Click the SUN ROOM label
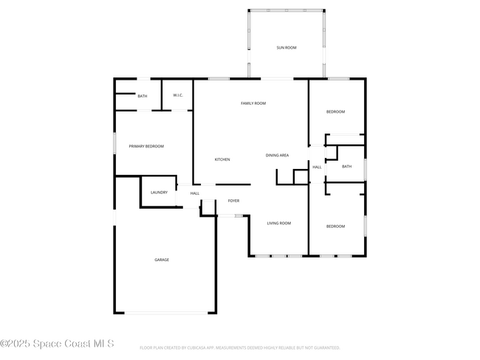[x=286, y=47]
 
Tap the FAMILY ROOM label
[x=253, y=103]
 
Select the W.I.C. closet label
[x=178, y=95]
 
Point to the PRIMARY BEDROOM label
[x=146, y=146]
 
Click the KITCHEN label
[x=222, y=159]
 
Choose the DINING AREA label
[x=277, y=156]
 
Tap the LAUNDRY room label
[x=159, y=193]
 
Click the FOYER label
[x=233, y=201]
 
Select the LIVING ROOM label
[x=278, y=223]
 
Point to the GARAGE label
[x=162, y=260]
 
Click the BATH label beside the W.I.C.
[x=142, y=96]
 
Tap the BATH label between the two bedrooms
[x=346, y=166]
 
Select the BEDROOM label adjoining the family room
[x=335, y=111]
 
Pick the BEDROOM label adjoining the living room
[x=335, y=226]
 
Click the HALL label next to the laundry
[x=195, y=193]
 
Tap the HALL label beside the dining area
[x=317, y=167]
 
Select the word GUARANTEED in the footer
[x=324, y=347]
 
